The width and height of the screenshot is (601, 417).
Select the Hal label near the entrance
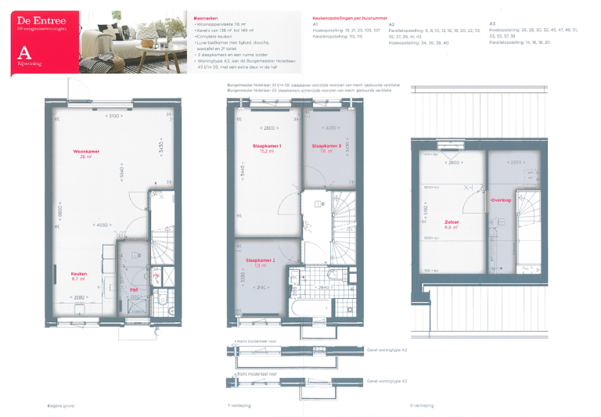click(134, 288)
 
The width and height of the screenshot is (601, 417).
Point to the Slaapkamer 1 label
click(267, 147)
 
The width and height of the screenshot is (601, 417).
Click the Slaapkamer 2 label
click(260, 261)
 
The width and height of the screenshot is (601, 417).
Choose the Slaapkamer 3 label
click(326, 147)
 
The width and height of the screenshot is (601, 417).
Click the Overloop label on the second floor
click(501, 200)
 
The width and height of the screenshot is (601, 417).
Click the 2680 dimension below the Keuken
click(78, 297)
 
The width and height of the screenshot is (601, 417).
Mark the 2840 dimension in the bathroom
click(323, 287)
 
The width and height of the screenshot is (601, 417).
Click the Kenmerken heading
click(206, 18)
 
